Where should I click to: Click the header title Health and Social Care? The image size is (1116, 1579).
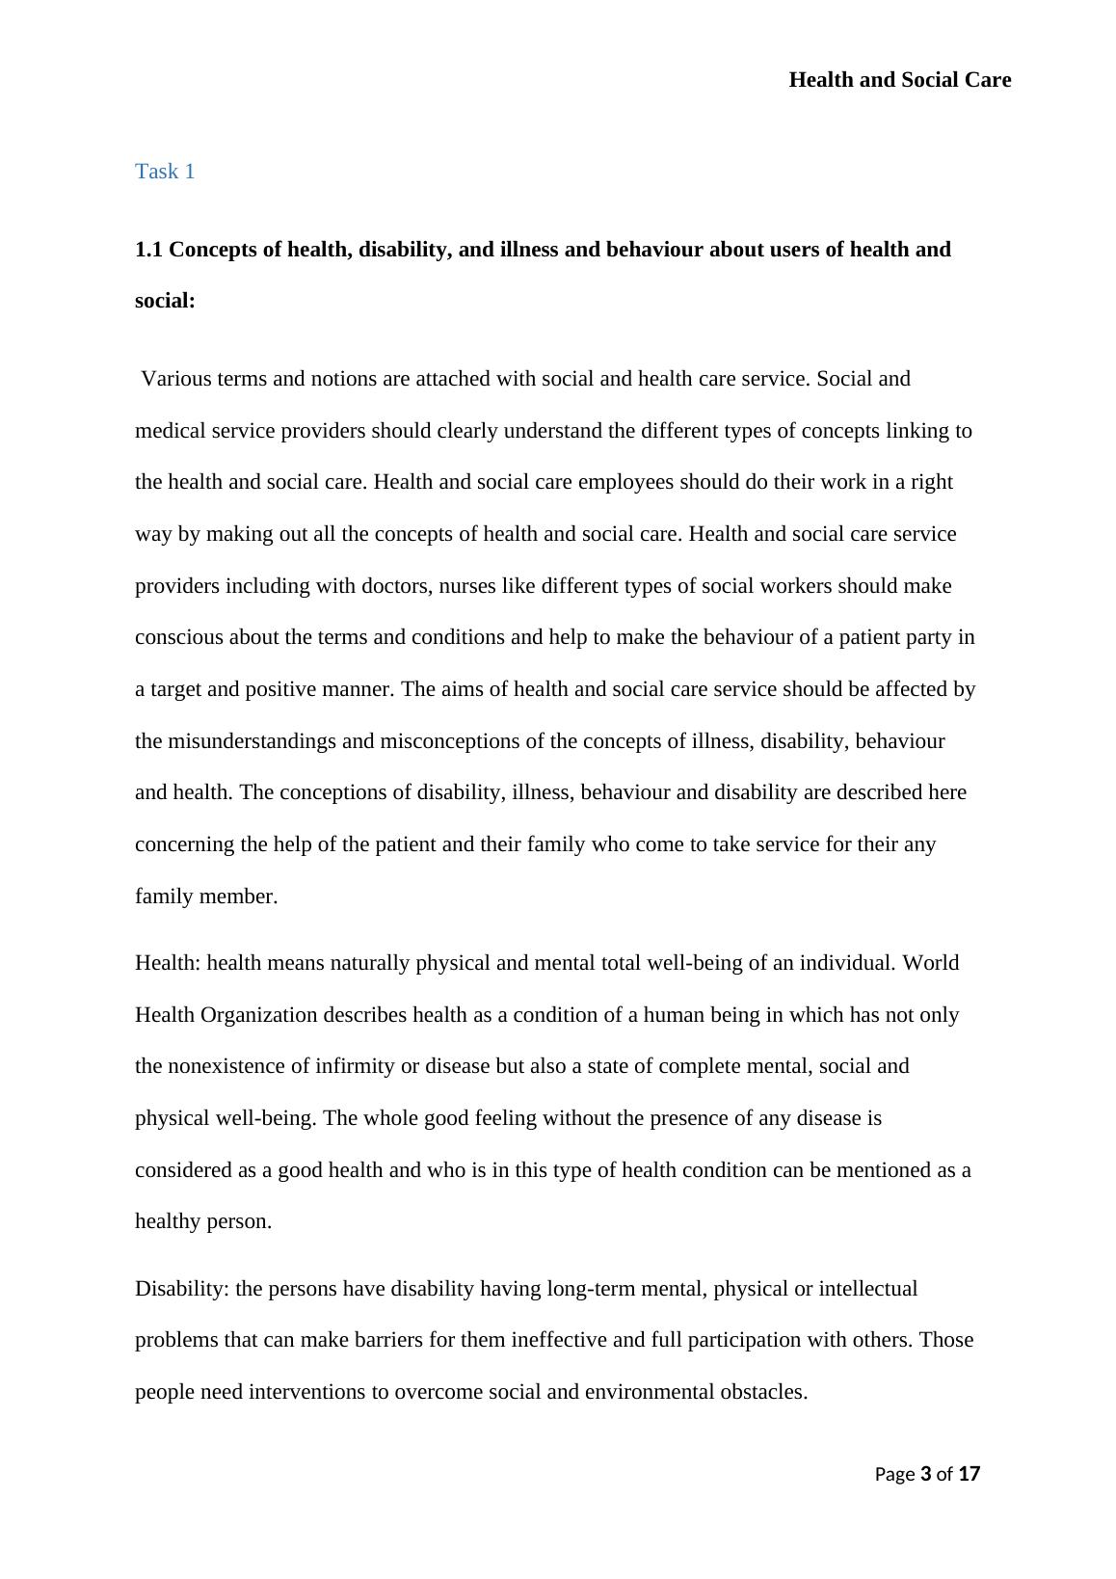899,80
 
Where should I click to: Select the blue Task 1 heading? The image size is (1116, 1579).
165,172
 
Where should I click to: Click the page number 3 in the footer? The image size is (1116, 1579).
926,1474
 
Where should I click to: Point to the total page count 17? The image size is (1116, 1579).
970,1474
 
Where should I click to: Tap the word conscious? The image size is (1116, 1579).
175,637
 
